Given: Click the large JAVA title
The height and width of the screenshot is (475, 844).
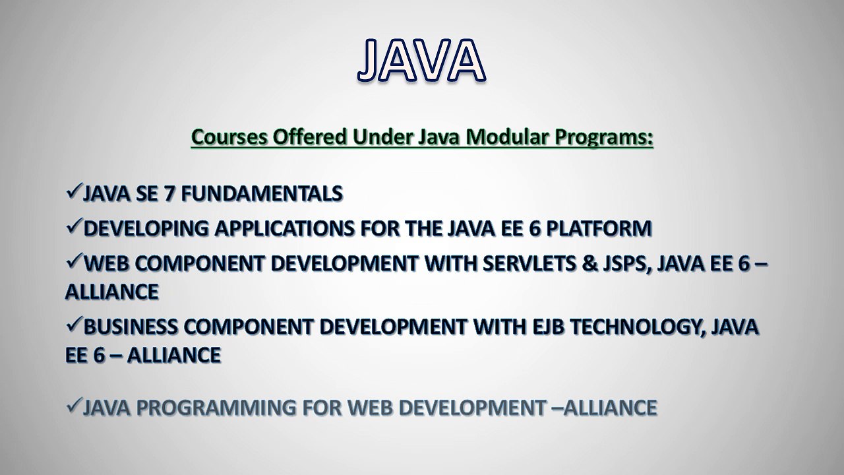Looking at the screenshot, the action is coord(421,60).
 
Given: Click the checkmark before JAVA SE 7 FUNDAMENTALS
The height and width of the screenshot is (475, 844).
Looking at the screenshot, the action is coord(74,191).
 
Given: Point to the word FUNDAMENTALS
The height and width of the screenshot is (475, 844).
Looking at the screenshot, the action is coord(262,193).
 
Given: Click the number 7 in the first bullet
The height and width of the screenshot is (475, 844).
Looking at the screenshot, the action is coord(168,193).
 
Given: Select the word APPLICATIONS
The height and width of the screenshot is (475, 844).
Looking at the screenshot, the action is coord(284,228).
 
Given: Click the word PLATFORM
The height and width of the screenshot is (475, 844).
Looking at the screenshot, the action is coord(599,228).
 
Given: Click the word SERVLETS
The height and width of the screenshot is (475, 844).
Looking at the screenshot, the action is coord(529,263).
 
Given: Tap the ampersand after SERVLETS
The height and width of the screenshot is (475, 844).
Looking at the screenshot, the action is coord(589,263).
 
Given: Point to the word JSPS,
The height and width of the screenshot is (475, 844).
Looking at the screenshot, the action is coord(627,264).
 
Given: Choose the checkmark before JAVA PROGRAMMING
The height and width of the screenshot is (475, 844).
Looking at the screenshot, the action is coord(74,405).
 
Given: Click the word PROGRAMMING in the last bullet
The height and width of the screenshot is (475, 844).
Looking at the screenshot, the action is coord(216,408).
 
